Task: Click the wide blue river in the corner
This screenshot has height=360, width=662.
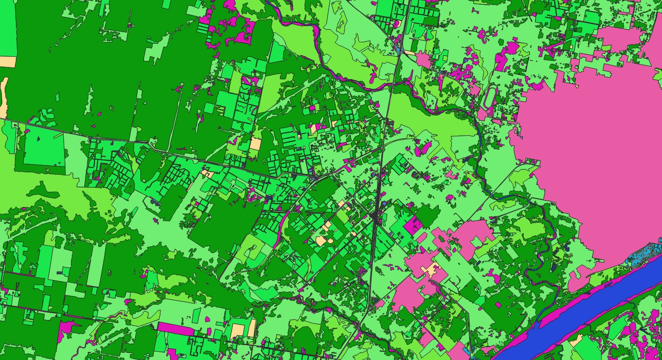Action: [581, 316]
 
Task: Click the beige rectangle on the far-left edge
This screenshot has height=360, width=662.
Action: [7, 61]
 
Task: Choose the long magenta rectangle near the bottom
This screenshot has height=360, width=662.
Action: [175, 329]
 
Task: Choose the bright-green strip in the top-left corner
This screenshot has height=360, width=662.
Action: [8, 28]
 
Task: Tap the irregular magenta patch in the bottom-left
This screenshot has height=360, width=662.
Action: [66, 328]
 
